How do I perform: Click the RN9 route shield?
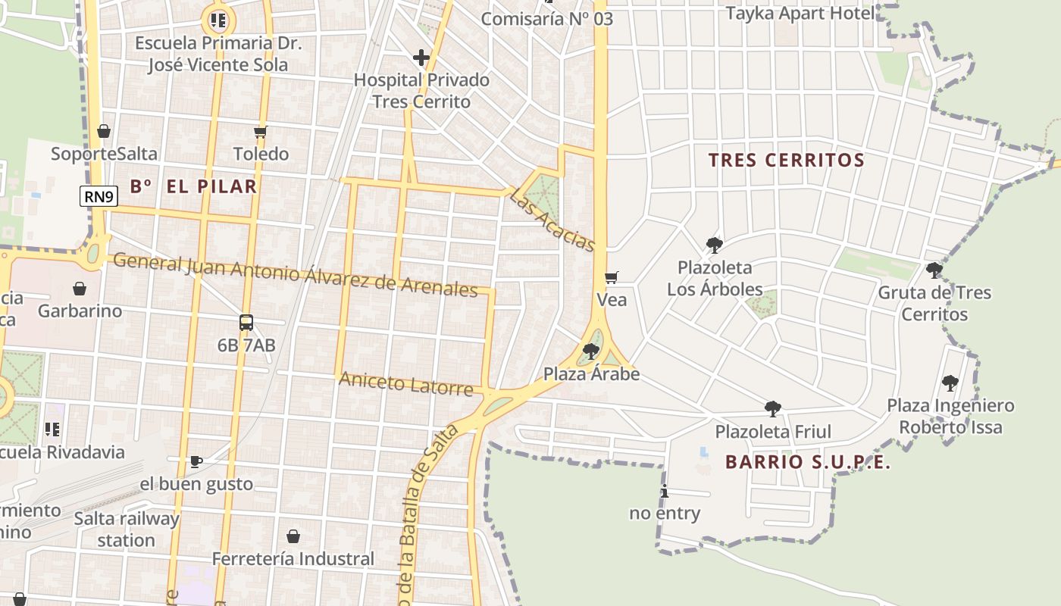click(x=99, y=197)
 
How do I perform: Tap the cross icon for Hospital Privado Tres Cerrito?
click(x=421, y=58)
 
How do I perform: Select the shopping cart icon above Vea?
click(x=612, y=277)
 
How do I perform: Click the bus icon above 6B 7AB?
click(x=246, y=323)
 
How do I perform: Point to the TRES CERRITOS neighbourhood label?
click(x=786, y=161)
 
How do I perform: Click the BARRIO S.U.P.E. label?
click(x=808, y=462)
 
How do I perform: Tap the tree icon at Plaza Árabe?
click(x=591, y=351)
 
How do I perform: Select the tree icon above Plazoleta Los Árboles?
click(x=714, y=245)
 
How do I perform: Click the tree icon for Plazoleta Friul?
click(x=773, y=409)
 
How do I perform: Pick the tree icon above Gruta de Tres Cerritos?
click(x=934, y=270)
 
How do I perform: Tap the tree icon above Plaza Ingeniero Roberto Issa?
click(x=950, y=383)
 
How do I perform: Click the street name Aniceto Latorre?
click(x=405, y=383)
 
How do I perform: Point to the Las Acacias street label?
click(x=552, y=220)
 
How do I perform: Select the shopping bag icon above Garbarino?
click(x=80, y=289)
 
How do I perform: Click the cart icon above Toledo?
click(x=261, y=132)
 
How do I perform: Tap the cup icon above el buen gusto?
click(x=196, y=461)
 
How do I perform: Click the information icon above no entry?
click(x=665, y=491)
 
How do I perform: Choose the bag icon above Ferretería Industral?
click(x=293, y=536)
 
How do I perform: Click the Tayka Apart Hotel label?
click(x=800, y=13)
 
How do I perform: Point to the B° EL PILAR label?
click(x=193, y=186)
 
